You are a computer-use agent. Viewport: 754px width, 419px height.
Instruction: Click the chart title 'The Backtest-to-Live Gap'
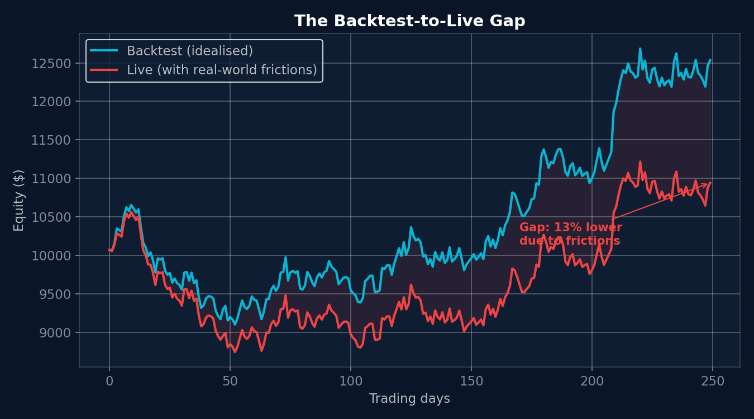409,21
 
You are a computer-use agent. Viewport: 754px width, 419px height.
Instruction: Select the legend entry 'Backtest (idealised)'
189,51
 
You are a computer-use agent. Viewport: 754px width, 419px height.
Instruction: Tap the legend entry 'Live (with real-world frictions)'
222,70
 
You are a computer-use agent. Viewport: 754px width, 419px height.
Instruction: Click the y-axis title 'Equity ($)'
19,200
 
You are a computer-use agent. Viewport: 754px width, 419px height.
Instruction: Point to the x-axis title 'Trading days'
409,398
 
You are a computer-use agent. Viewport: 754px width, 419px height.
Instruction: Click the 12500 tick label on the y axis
51,63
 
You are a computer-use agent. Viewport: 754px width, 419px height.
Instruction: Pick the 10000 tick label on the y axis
51,255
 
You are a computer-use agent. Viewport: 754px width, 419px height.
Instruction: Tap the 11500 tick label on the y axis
51,140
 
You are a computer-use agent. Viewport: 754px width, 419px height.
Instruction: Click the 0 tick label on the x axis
109,381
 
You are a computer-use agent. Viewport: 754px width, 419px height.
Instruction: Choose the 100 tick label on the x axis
350,381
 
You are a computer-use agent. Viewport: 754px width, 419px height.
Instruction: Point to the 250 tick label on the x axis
712,381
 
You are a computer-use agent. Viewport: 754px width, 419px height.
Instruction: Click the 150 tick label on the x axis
471,381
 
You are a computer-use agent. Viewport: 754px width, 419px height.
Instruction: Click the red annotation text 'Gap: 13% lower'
570,228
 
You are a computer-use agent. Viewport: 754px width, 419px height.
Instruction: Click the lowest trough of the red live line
235,352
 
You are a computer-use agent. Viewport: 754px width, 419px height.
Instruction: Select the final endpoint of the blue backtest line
710,60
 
